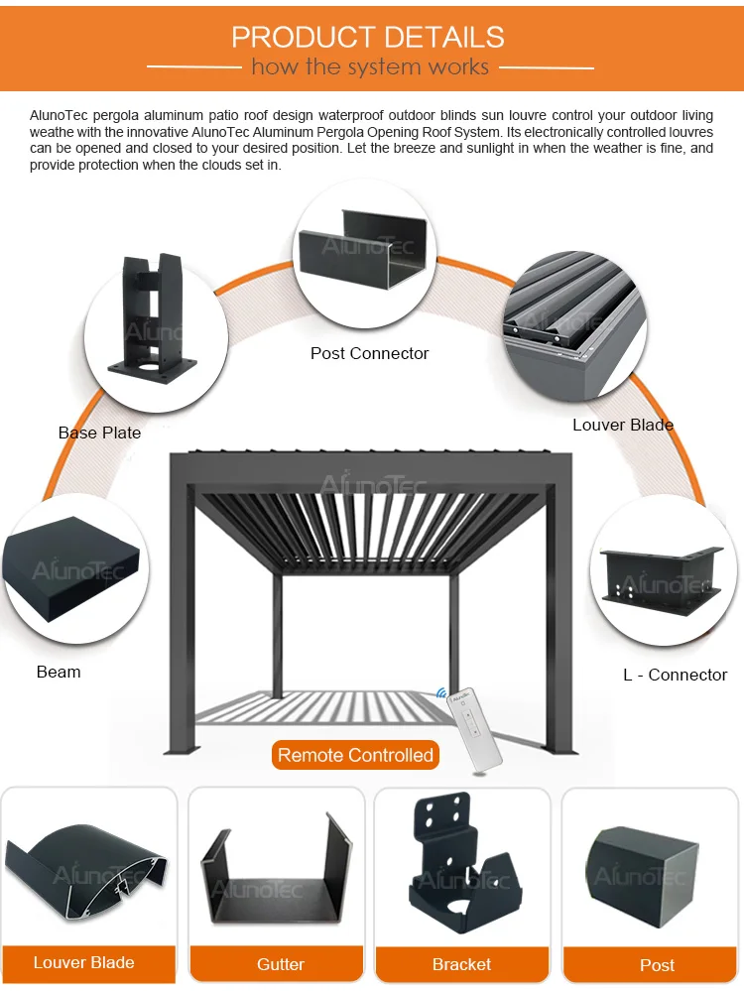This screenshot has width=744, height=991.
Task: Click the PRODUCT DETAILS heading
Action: click(x=368, y=38)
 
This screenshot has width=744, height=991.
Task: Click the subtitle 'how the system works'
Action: click(x=370, y=67)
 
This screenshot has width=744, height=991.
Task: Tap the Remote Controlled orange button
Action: click(x=355, y=755)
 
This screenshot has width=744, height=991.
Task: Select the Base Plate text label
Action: click(x=99, y=433)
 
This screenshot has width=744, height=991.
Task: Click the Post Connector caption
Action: click(x=369, y=353)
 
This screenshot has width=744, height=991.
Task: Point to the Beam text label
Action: click(x=59, y=672)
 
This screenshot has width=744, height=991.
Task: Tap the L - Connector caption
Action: click(x=675, y=675)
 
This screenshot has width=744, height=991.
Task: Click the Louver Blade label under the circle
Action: click(x=623, y=425)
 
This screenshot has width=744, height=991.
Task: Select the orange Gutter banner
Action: click(x=281, y=964)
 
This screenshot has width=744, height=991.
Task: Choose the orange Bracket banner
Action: click(x=461, y=964)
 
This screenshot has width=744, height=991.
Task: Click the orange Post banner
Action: click(x=657, y=965)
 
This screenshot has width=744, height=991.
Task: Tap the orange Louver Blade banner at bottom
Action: click(x=84, y=962)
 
